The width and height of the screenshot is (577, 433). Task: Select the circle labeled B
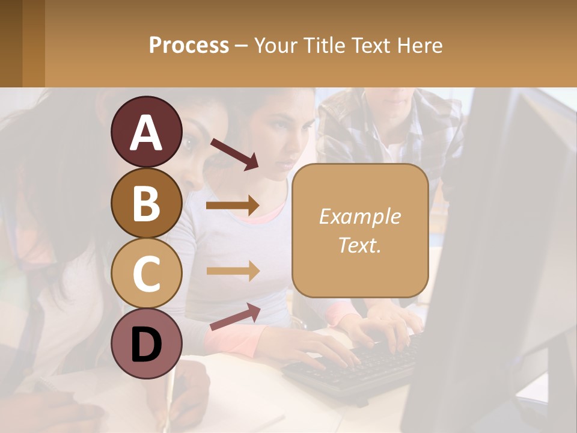[x=146, y=203]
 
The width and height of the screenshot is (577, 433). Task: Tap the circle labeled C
[x=146, y=273]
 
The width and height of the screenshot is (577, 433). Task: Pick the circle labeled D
[x=146, y=343]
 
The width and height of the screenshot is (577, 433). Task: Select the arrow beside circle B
[x=233, y=206]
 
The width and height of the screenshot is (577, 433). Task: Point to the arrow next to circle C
[x=233, y=271]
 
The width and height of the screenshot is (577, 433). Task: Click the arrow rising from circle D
[x=235, y=317]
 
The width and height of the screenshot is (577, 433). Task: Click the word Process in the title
[x=189, y=46]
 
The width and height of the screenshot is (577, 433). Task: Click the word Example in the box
[x=359, y=216]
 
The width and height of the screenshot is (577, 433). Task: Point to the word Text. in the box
[x=359, y=245]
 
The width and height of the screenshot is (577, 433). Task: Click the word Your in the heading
[x=276, y=46]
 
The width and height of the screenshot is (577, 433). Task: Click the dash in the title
[x=242, y=46]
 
